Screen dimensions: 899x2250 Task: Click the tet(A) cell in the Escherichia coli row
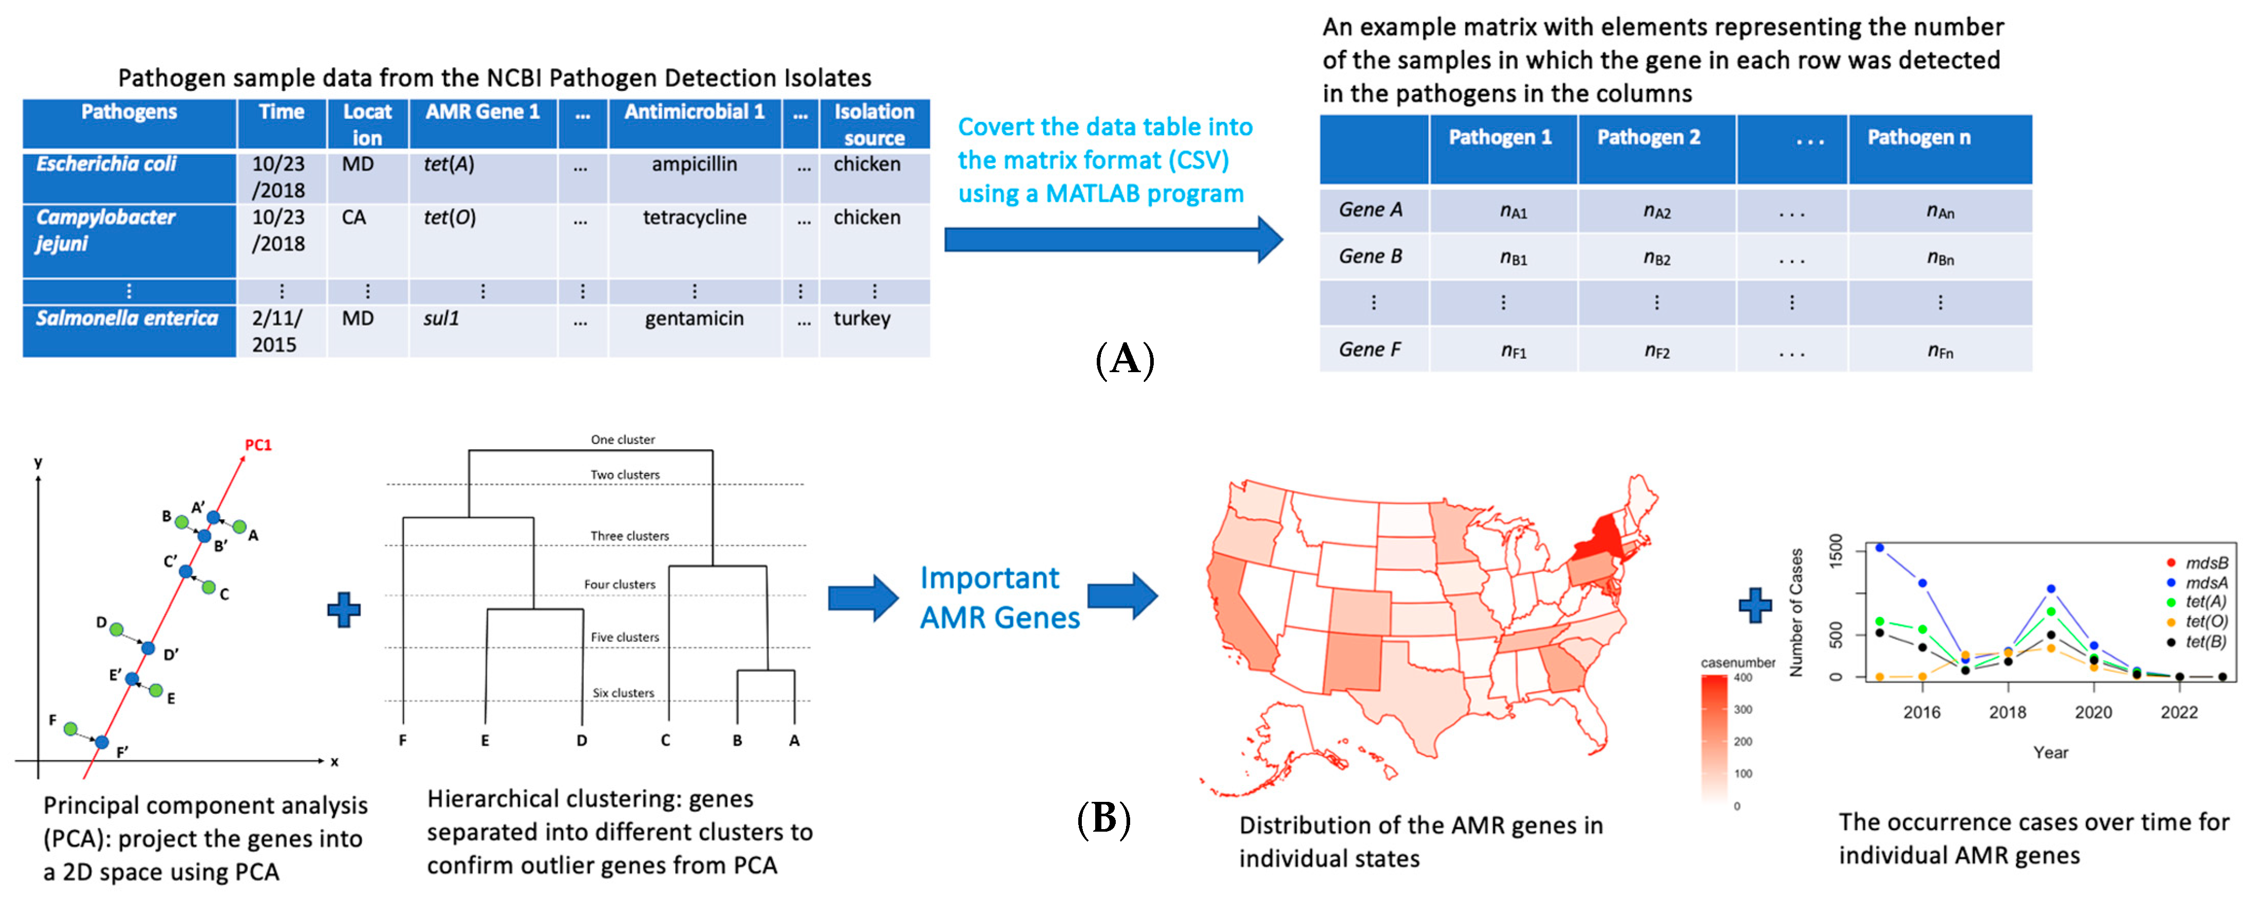click(449, 164)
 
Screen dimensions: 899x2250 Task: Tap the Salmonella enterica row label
click(127, 319)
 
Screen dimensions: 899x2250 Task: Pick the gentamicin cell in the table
click(695, 319)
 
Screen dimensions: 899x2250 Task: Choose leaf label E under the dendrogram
click(485, 741)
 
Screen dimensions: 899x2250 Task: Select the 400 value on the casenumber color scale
click(1742, 677)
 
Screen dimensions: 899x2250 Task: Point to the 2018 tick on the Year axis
click(2007, 712)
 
